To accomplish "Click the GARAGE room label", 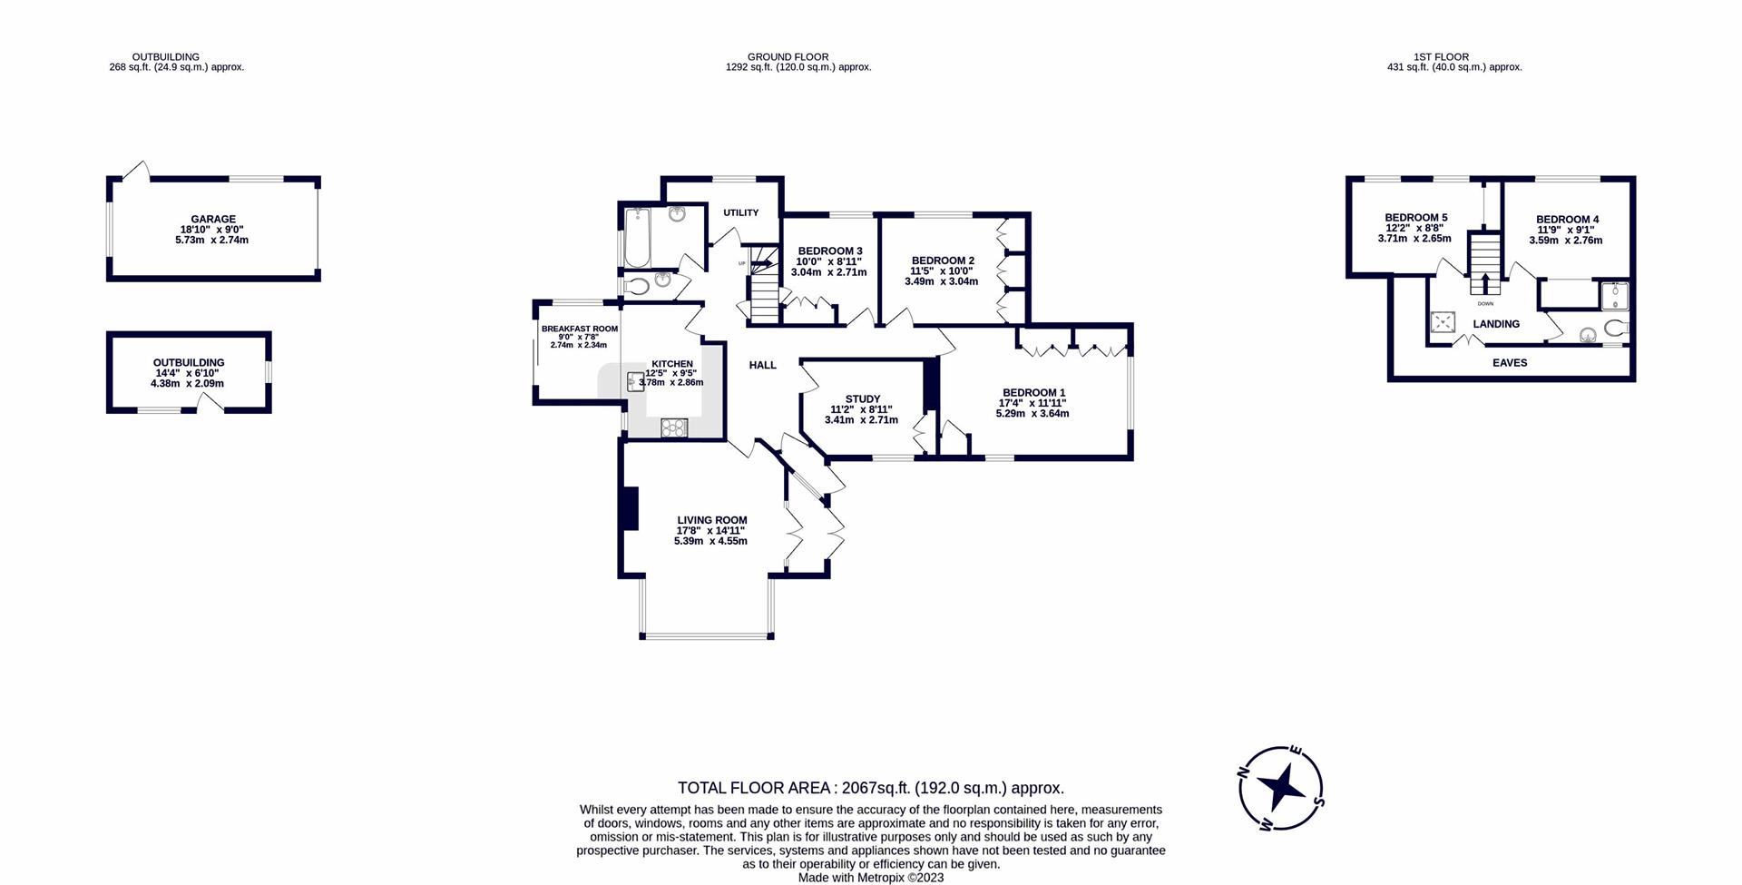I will coord(213,219).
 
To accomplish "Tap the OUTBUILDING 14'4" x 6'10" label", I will coord(188,362).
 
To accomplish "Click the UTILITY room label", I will coord(740,212).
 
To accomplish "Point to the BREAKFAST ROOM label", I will coord(579,329).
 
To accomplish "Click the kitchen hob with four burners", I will coord(674,428).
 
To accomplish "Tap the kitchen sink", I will coord(636,381).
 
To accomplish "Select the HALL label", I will coord(762,365).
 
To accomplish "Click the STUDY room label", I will coord(862,398).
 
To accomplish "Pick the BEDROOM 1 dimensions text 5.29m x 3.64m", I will coord(1032,414).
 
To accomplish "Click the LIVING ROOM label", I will coord(711,520).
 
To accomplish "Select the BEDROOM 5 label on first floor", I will coord(1415,218).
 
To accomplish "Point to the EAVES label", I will coord(1510,362).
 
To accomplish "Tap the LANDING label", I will coord(1496,324).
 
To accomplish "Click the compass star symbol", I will coord(1281,787).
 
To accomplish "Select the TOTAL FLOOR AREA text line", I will coord(870,788).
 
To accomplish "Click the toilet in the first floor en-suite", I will coord(1616,328).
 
